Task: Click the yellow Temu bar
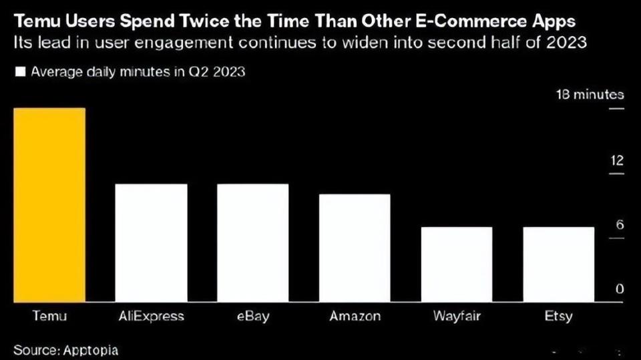[x=50, y=205]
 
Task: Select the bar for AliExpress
[x=152, y=243]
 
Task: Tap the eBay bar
[x=252, y=243]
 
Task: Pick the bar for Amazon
[x=355, y=248]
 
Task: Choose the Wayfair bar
[x=457, y=264]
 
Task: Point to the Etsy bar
[x=558, y=264]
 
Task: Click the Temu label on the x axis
[x=50, y=316]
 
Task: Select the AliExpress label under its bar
[x=152, y=316]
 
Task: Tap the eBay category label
[x=252, y=316]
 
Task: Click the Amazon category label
[x=355, y=316]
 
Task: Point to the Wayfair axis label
[x=457, y=316]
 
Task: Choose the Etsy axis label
[x=558, y=316]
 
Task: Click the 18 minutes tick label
[x=590, y=95]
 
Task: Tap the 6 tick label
[x=620, y=225]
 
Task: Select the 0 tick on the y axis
[x=620, y=289]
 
